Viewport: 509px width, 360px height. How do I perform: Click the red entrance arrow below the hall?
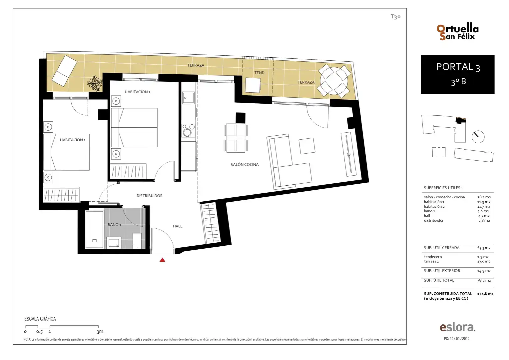(162, 260)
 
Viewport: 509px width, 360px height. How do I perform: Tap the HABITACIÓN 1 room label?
(73, 140)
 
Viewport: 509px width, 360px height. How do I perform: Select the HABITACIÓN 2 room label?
(138, 92)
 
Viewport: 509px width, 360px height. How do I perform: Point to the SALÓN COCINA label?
(245, 164)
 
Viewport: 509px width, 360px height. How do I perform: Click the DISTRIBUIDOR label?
(150, 196)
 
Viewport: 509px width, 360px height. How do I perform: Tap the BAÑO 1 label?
(114, 225)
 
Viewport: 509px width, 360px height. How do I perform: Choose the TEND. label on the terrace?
(260, 73)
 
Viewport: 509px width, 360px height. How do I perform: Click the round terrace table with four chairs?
(334, 81)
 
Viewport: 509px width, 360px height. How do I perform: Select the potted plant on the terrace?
(95, 83)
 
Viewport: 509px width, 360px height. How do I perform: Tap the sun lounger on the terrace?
(65, 70)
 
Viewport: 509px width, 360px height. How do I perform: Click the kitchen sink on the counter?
(188, 98)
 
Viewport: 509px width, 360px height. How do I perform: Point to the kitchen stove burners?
(188, 131)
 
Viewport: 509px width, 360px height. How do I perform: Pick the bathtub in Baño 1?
(94, 229)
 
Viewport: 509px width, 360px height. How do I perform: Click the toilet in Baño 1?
(137, 241)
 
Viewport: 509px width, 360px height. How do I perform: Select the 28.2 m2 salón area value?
(484, 197)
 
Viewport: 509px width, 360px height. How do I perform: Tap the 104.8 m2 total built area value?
(485, 294)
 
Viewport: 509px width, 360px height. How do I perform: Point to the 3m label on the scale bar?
(100, 332)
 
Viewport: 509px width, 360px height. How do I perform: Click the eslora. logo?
(458, 327)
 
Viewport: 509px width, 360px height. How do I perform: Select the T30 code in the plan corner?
(395, 17)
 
